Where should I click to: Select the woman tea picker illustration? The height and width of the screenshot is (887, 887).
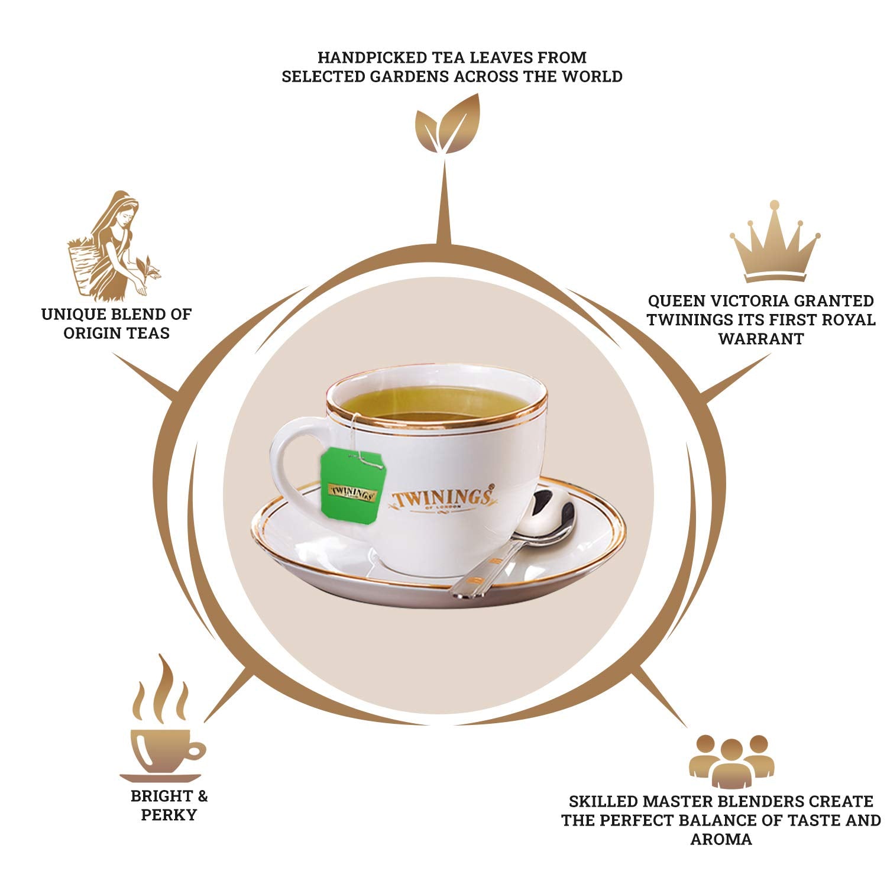(x=112, y=245)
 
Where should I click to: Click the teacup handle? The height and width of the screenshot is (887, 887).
(x=290, y=467)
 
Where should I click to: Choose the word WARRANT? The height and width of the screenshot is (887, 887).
(x=761, y=339)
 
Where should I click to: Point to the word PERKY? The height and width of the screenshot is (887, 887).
(x=169, y=815)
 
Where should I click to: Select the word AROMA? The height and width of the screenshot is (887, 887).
(x=721, y=839)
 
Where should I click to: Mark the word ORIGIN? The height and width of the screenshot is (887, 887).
(x=90, y=333)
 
